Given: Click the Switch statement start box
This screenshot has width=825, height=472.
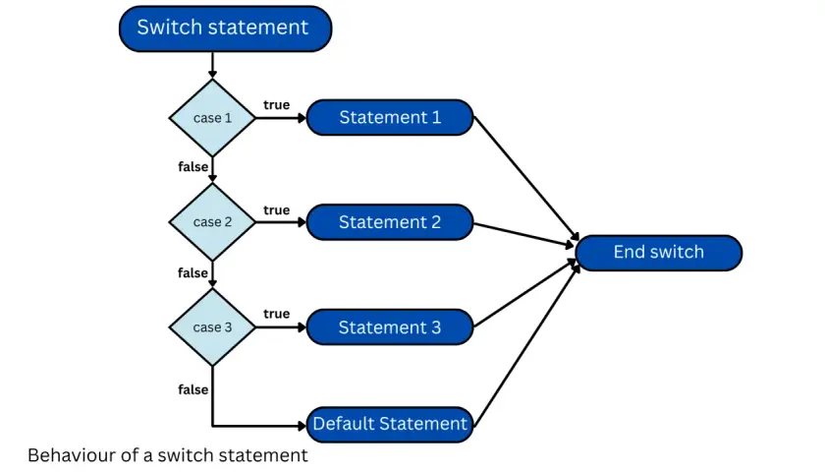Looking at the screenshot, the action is pos(225,29).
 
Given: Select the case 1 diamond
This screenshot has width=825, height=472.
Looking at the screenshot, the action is pos(212,118).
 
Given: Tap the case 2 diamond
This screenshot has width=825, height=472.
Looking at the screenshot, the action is pos(212,222).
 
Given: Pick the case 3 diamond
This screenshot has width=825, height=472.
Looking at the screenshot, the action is pos(212,327).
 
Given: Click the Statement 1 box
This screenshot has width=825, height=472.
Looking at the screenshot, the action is pos(390,117).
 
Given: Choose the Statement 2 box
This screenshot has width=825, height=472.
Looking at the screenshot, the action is pos(390,222).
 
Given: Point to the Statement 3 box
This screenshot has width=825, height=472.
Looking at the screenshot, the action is pos(390,327).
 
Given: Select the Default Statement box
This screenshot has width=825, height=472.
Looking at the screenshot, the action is pos(390,425).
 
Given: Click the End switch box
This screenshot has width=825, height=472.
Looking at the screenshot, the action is pos(659,253).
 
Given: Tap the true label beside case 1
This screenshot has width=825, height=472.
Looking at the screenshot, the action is pos(276,105).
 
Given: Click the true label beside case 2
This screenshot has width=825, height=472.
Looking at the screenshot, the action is pos(276,210).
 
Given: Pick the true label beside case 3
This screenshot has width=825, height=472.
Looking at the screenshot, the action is pos(276,314).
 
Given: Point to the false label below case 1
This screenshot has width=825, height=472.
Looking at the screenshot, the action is pos(193,167).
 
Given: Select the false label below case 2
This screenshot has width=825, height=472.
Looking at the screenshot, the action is pos(193,273).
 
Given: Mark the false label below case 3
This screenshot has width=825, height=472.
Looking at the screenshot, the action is pos(193,389).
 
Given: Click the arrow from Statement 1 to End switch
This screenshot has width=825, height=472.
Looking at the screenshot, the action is pos(526,179).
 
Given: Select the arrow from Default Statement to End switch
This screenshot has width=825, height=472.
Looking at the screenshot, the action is pos(526,345).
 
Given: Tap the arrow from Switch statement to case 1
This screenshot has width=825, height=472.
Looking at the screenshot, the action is pos(212,65).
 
